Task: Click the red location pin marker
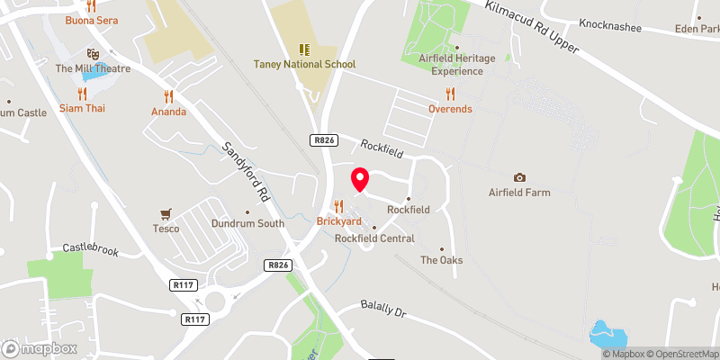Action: tap(359, 179)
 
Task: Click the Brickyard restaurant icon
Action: tap(338, 206)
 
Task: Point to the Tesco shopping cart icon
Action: tap(165, 214)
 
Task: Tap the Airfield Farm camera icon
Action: tap(519, 177)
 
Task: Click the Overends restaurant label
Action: tap(450, 109)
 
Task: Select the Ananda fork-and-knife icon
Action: tap(168, 96)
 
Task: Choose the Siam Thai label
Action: tap(82, 108)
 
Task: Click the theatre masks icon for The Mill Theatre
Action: tap(91, 54)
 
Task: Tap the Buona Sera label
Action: tap(91, 19)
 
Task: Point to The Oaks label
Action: tap(441, 260)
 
